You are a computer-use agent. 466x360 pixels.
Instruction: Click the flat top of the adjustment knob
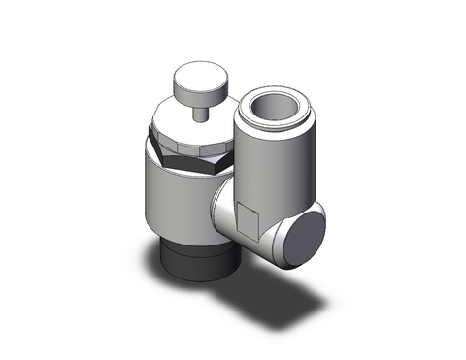195,78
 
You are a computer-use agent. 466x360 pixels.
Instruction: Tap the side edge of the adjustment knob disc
195,93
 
